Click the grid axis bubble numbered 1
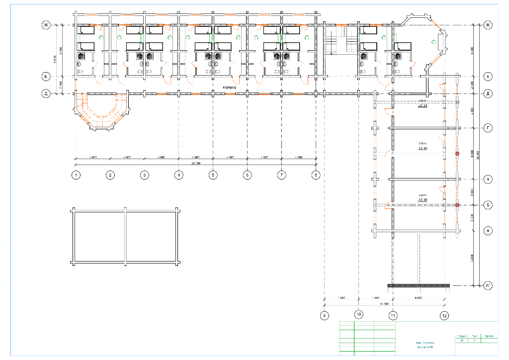point(76,175)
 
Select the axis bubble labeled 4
point(178,175)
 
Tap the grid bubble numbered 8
point(316,175)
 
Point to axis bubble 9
point(324,315)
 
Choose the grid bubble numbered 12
point(444,315)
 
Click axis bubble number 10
point(358,315)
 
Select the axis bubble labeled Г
point(488,128)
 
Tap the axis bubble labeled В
point(488,179)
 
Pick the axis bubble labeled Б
point(488,205)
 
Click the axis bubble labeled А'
point(488,285)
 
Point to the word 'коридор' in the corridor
point(230,87)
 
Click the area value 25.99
point(423,106)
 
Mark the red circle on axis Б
point(457,205)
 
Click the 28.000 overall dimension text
point(195,163)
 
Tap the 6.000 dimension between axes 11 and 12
point(418,298)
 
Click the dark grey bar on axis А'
point(419,285)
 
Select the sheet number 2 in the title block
point(475,341)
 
